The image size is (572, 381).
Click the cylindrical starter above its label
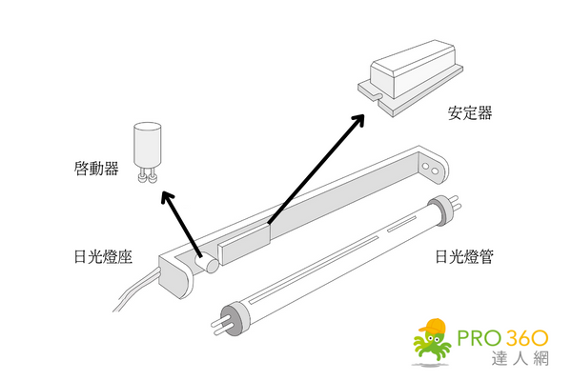tap(147, 145)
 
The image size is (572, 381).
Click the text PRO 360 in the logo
tap(501, 338)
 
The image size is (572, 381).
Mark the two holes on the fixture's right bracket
tap(434, 170)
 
